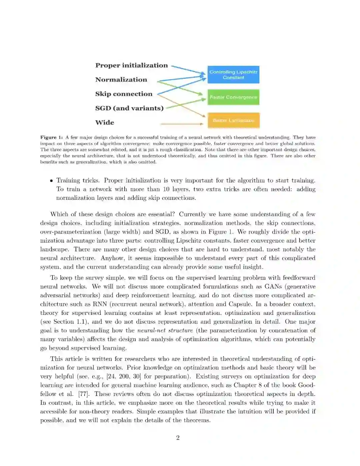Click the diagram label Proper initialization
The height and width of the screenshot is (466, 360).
(131, 65)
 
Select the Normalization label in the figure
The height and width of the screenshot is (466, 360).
(121, 80)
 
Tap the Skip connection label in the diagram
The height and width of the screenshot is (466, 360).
(124, 94)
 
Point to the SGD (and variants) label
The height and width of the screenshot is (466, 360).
(129, 108)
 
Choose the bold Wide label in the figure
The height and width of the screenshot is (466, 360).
(105, 123)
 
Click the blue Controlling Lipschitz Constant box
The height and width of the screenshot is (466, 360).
(233, 75)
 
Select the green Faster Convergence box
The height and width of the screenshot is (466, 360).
(233, 97)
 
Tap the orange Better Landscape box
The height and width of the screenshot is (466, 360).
(233, 120)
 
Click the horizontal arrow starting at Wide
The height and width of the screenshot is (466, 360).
(182, 124)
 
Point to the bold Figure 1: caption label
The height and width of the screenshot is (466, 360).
(51, 137)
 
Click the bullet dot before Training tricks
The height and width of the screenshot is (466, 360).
(51, 181)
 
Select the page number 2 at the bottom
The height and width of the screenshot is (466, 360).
(178, 438)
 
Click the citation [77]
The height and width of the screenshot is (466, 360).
(83, 394)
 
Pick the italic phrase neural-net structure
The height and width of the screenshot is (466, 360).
(165, 331)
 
